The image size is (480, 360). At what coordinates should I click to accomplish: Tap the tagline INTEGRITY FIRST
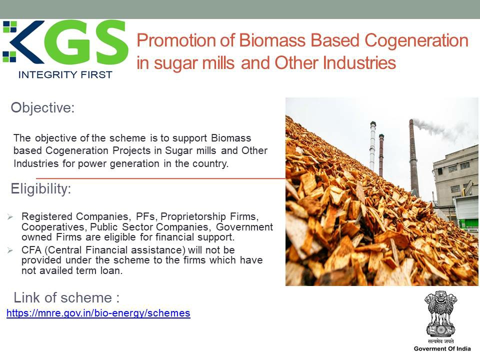[x=65, y=74]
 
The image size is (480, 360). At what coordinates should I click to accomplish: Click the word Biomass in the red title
[x=272, y=40]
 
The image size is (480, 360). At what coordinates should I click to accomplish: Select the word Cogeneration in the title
[x=416, y=41]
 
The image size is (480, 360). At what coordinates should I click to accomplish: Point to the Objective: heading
[x=42, y=108]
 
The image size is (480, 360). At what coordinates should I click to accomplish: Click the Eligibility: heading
[x=40, y=189]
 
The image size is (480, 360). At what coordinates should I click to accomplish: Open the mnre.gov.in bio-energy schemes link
[x=98, y=313]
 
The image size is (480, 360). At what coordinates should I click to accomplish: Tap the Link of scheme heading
[x=66, y=297]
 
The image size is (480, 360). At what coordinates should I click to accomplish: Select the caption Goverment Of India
[x=442, y=348]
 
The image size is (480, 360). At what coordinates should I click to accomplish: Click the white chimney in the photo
[x=372, y=146]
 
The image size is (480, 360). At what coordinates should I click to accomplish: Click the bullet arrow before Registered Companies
[x=10, y=217]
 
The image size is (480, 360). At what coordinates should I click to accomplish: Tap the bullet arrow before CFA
[x=10, y=250]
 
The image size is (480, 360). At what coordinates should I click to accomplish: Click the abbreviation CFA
[x=31, y=250]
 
